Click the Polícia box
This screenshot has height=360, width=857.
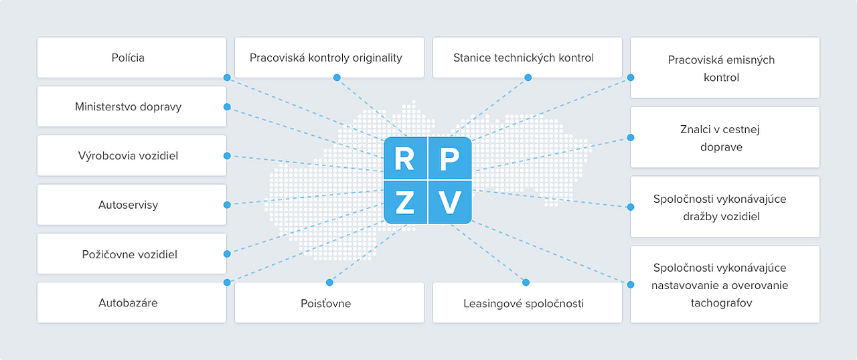point(132,58)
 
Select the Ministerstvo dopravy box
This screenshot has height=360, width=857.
point(132,106)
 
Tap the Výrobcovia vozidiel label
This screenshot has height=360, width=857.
point(128,156)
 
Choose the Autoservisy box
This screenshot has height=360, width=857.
point(132,205)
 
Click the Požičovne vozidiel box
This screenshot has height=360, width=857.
point(132,254)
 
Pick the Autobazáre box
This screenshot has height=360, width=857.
point(132,302)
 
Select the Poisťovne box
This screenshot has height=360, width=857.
point(329,302)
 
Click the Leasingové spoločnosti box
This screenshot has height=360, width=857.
point(527,302)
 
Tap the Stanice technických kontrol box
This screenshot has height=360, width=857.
point(527,58)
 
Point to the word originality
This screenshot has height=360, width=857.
point(377,58)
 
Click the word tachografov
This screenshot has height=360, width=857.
point(721,303)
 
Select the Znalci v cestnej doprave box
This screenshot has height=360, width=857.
point(725,137)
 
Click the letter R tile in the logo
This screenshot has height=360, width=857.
point(405,158)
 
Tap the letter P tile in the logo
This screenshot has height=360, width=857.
point(450,158)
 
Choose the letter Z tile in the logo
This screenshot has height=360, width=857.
point(405,202)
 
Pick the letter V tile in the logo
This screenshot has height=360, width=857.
point(450,202)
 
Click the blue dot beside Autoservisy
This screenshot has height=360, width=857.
point(227,205)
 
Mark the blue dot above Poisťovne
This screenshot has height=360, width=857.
point(329,282)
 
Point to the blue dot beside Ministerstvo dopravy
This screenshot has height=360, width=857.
point(227,107)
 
